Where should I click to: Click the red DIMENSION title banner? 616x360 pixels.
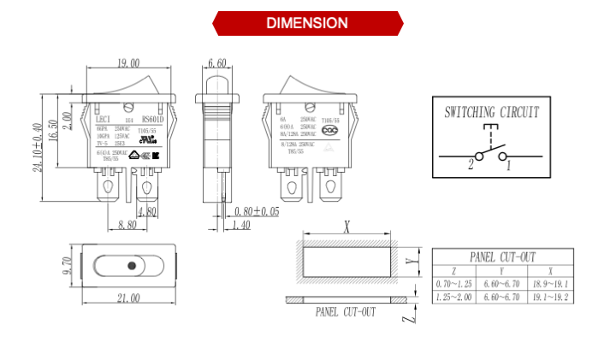pyautogui.click(x=307, y=23)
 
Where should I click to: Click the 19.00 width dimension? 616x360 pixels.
pyautogui.click(x=129, y=63)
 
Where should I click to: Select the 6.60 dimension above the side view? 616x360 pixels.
pyautogui.click(x=216, y=63)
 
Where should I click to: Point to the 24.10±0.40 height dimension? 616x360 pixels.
pyautogui.click(x=38, y=145)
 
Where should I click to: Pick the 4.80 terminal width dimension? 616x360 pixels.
pyautogui.click(x=147, y=211)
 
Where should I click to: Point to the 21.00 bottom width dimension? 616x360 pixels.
pyautogui.click(x=128, y=298)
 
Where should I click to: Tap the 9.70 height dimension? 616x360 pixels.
pyautogui.click(x=66, y=265)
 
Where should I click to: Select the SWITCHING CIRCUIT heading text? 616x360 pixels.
pyautogui.click(x=491, y=112)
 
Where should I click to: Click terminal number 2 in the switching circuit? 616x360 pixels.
pyautogui.click(x=470, y=165)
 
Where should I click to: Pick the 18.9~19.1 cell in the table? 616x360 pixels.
pyautogui.click(x=550, y=283)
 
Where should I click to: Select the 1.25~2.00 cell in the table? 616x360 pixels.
pyautogui.click(x=453, y=297)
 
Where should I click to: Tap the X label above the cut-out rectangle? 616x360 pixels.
pyautogui.click(x=347, y=227)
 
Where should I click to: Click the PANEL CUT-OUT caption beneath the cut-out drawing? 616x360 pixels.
pyautogui.click(x=346, y=312)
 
